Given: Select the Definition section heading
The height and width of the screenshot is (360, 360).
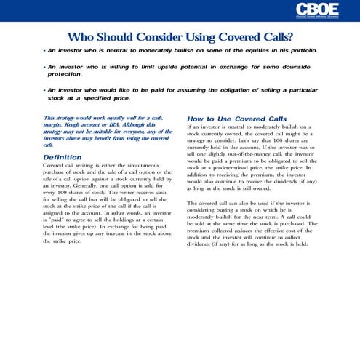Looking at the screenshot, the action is pos(63,157).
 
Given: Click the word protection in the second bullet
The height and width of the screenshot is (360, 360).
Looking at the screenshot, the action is pos(65,74).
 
